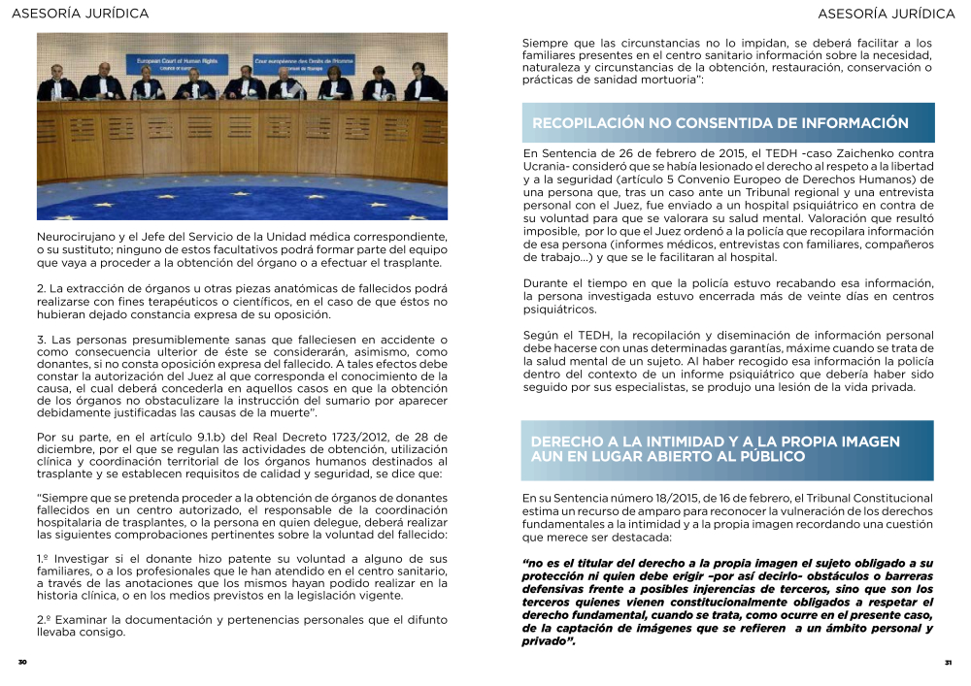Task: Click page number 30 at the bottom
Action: click(x=21, y=663)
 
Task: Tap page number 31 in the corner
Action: click(x=948, y=663)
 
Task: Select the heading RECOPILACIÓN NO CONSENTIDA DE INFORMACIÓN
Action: click(x=720, y=123)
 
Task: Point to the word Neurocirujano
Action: click(x=80, y=236)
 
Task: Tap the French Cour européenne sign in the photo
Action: click(x=304, y=62)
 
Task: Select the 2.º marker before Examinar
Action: click(x=44, y=619)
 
